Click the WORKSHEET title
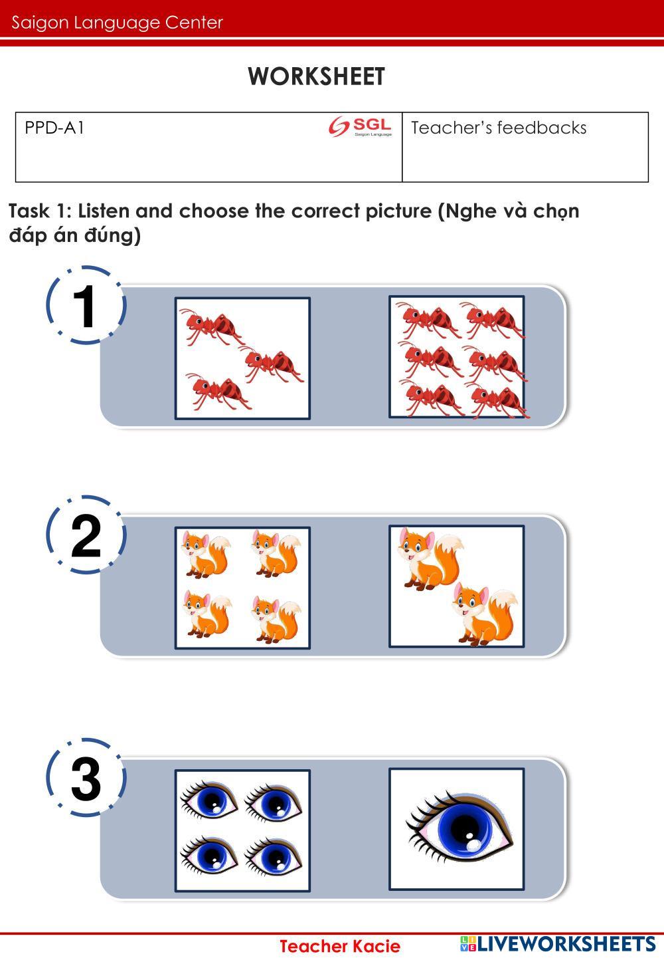click(316, 76)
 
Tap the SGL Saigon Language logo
click(360, 126)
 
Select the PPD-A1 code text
click(54, 128)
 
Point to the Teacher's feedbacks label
click(499, 128)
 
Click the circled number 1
click(86, 305)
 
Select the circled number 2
click(86, 535)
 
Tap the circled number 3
click(86, 778)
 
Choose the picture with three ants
click(243, 358)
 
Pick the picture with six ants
click(457, 356)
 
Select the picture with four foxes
click(243, 588)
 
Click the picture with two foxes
click(457, 586)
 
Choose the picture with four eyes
click(243, 830)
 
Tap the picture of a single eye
click(457, 829)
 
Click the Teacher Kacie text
click(340, 946)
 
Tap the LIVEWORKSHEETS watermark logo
click(557, 944)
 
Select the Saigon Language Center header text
click(117, 23)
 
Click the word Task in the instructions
click(29, 211)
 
